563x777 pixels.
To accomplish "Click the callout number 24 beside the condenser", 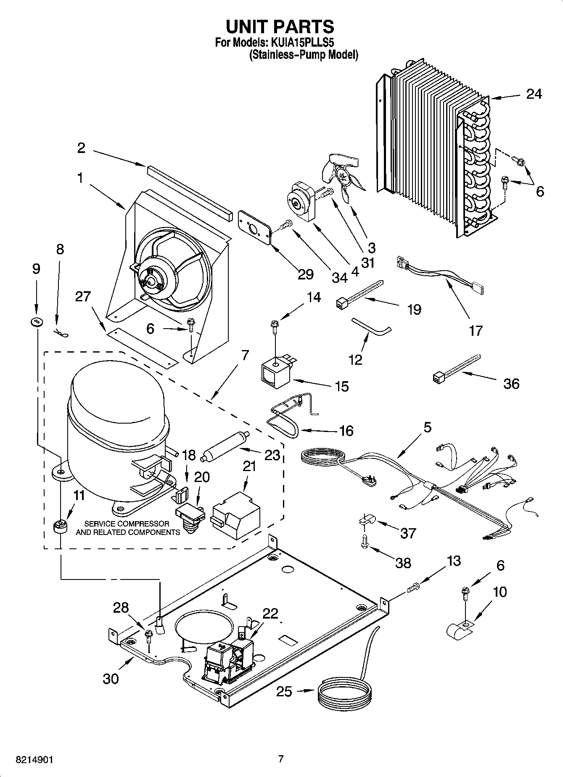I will coord(534,94).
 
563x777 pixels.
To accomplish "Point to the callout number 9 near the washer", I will coord(36,269).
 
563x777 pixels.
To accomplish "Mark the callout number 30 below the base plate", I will coord(111,678).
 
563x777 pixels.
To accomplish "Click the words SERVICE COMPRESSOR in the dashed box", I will coord(127,524).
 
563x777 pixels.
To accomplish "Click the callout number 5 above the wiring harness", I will coord(427,427).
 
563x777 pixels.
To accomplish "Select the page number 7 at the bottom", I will coord(281,759).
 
